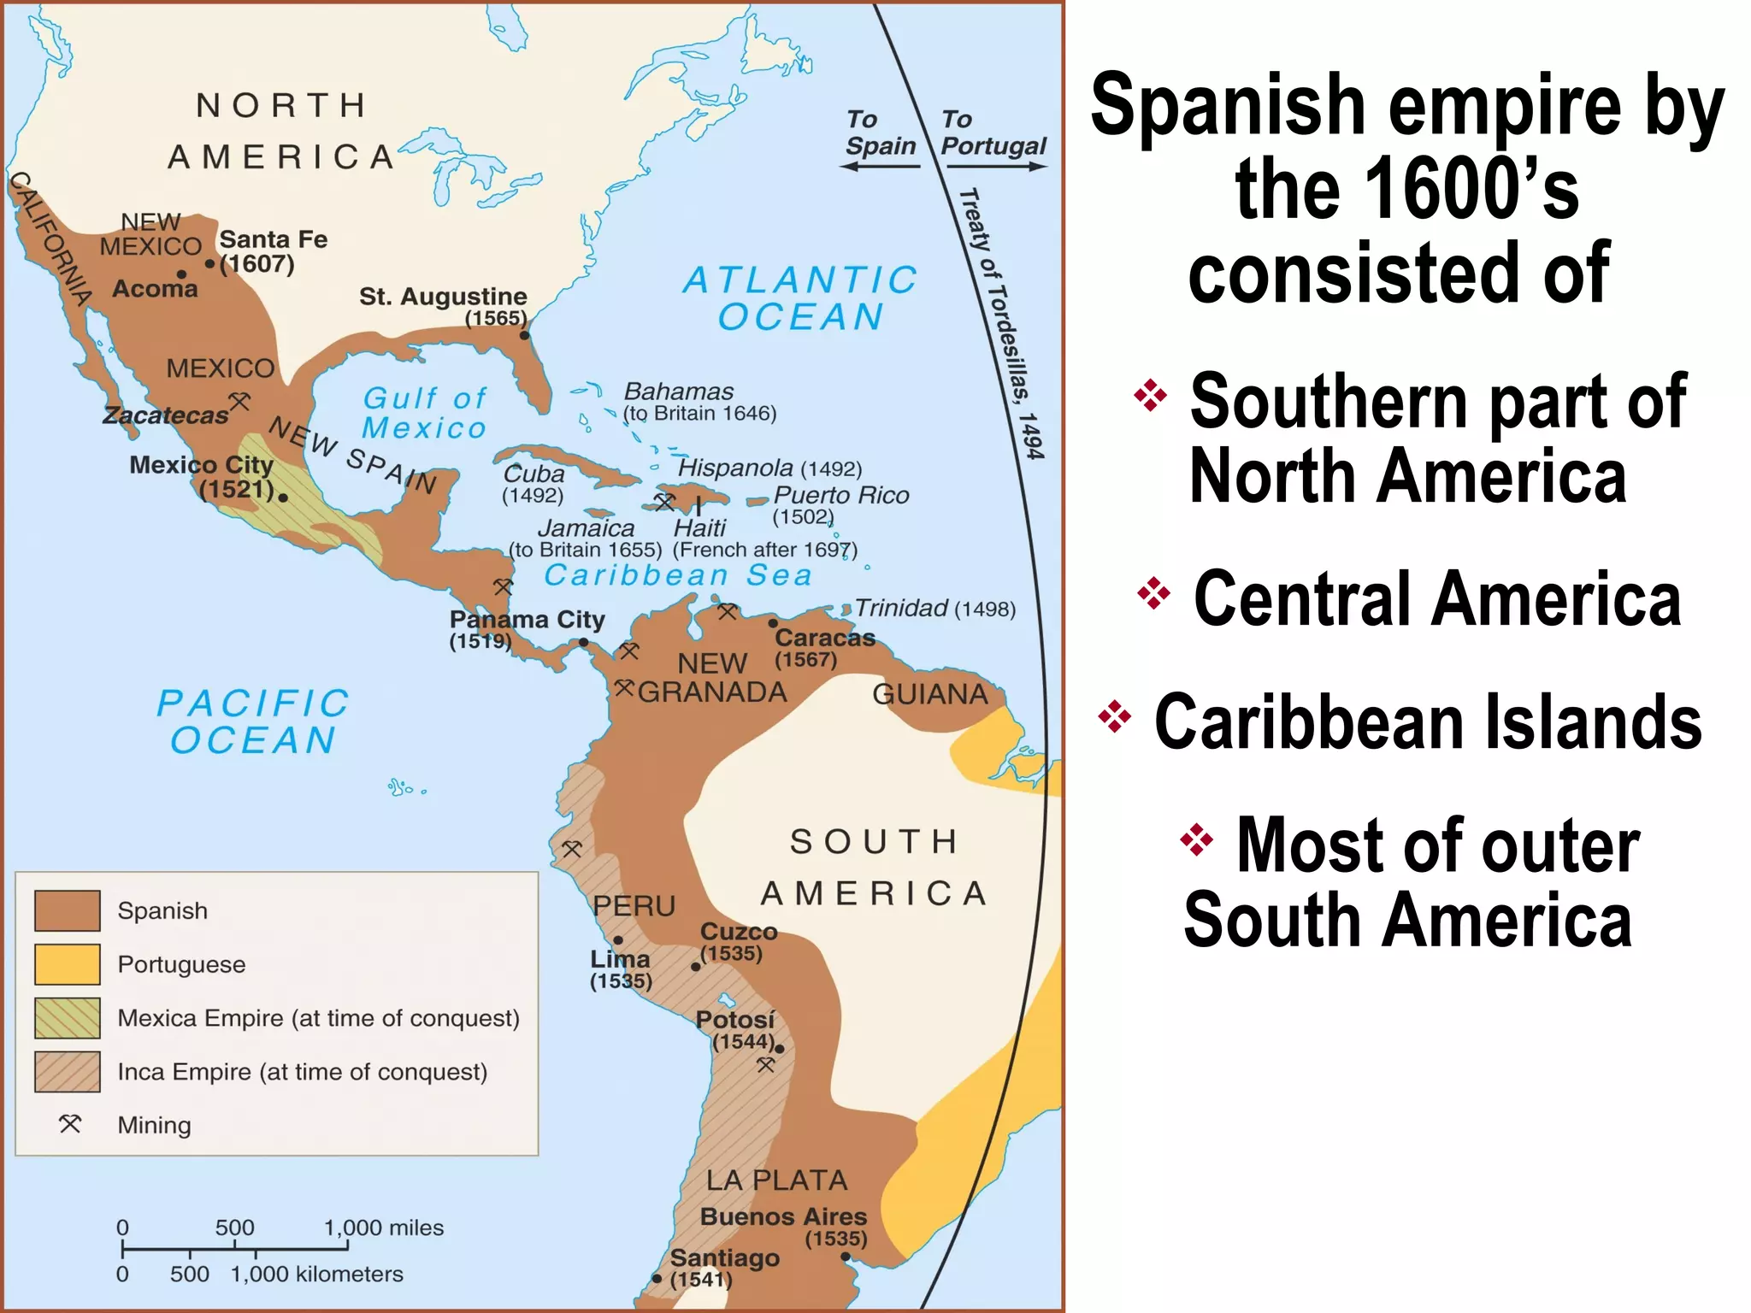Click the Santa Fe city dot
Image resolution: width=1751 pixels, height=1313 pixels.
click(209, 264)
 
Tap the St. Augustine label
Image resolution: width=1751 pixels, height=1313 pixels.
click(443, 297)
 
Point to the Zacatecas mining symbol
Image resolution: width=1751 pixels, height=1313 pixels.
click(239, 400)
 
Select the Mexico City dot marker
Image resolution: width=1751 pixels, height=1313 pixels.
click(283, 498)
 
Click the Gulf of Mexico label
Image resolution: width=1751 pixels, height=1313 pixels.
click(424, 413)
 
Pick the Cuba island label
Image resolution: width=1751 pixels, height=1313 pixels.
click(534, 474)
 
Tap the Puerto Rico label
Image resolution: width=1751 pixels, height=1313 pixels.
click(840, 495)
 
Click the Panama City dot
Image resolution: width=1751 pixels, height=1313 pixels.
click(583, 642)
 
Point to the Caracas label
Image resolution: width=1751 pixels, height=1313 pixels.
click(824, 638)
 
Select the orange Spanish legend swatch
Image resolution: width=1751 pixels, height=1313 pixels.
click(67, 910)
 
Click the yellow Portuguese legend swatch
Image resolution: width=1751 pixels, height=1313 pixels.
click(67, 964)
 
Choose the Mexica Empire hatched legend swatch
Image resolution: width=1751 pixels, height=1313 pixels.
click(67, 1018)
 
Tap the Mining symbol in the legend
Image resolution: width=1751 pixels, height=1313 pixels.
click(70, 1124)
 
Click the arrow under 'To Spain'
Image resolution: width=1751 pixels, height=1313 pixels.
click(881, 167)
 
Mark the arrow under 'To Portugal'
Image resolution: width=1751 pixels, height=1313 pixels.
click(993, 167)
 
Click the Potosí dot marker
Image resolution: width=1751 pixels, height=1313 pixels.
click(779, 1049)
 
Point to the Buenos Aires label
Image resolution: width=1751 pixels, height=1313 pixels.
click(783, 1216)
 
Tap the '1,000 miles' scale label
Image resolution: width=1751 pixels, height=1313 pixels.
click(384, 1228)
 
